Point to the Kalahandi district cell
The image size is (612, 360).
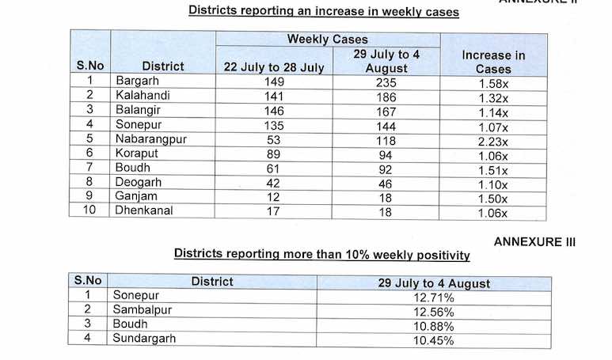[141, 95]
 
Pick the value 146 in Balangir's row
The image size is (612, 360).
[273, 110]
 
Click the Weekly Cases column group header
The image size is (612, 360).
[327, 39]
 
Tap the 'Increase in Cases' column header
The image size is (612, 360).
[492, 62]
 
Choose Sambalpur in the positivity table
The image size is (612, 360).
[143, 310]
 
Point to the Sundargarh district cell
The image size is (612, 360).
[144, 339]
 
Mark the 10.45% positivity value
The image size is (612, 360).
[432, 341]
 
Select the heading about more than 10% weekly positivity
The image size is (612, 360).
[322, 255]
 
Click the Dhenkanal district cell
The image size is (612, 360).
[143, 211]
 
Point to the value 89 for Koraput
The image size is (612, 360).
[273, 154]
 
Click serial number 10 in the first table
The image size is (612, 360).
[91, 211]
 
